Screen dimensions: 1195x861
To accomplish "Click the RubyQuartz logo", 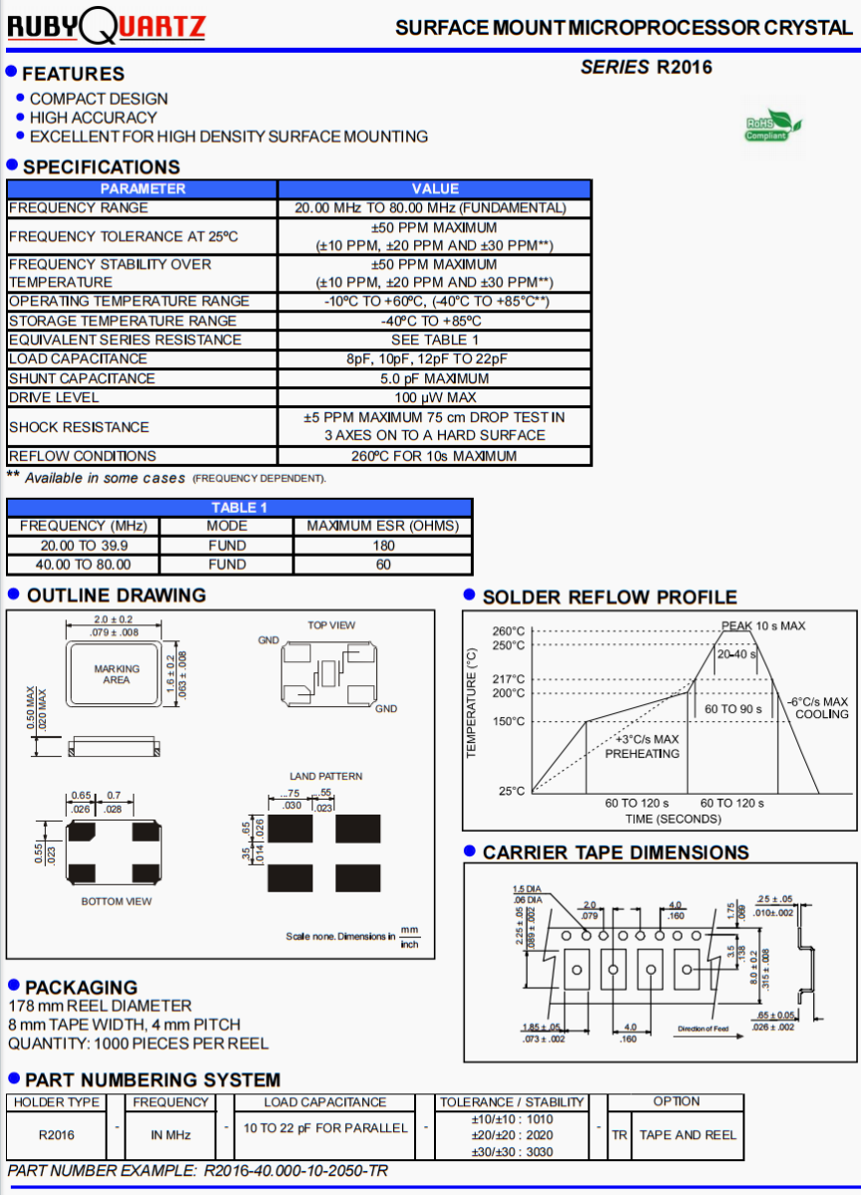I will pos(107,26).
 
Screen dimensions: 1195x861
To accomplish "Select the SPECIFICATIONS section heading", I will pos(102,167).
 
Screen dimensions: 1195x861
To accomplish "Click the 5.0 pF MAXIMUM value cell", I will pos(434,378).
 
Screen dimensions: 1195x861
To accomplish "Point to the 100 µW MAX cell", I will pos(434,397).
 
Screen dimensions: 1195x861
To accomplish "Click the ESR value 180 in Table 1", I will pos(383,545).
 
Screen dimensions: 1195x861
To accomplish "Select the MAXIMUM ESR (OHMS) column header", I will pos(383,526).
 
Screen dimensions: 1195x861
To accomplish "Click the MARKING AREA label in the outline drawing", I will pos(116,674).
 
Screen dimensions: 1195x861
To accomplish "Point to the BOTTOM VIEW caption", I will pos(116,901).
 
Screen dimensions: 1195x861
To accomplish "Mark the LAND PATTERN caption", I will pos(325,776).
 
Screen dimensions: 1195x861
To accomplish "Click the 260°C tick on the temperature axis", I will pos(509,631).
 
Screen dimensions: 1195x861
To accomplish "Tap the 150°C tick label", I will pos(509,722).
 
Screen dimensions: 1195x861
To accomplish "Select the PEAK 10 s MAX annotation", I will pos(763,625).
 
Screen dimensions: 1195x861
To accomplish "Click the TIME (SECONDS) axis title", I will pos(673,819).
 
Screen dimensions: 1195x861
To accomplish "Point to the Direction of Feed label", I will pos(703,1029).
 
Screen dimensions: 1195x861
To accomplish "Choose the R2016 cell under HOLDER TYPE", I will pos(56,1134).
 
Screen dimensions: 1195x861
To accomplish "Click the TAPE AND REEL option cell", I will pos(688,1134).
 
